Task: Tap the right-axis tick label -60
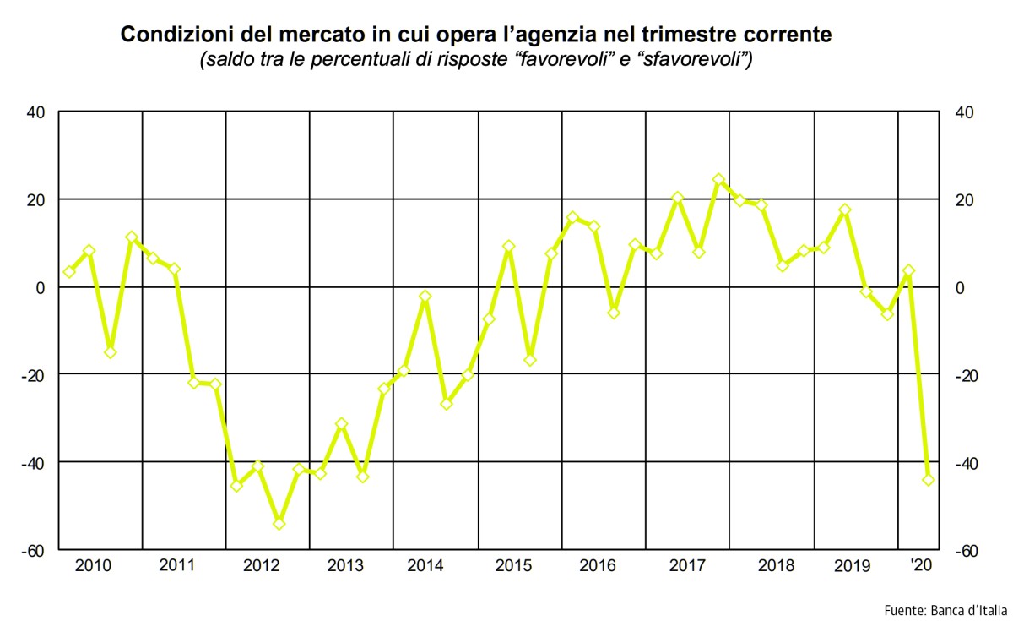tap(964, 551)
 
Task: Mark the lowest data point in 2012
tap(279, 524)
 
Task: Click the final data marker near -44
tap(929, 479)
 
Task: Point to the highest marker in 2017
tap(718, 179)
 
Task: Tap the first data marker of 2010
tap(69, 271)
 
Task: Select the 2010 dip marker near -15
tap(110, 352)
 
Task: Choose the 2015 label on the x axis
tap(512, 565)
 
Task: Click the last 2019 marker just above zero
tap(908, 271)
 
